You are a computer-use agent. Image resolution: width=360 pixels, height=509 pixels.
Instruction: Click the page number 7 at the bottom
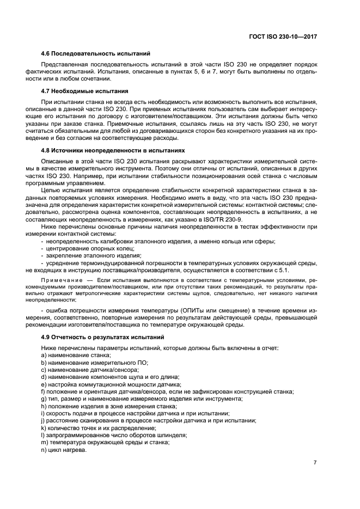(x=315, y=462)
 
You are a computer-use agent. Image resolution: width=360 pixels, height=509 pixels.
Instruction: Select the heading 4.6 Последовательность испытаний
(x=96, y=54)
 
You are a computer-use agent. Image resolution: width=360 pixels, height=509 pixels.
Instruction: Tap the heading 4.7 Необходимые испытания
(x=84, y=91)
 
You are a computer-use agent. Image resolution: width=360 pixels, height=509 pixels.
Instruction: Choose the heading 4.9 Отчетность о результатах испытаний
(x=103, y=338)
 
